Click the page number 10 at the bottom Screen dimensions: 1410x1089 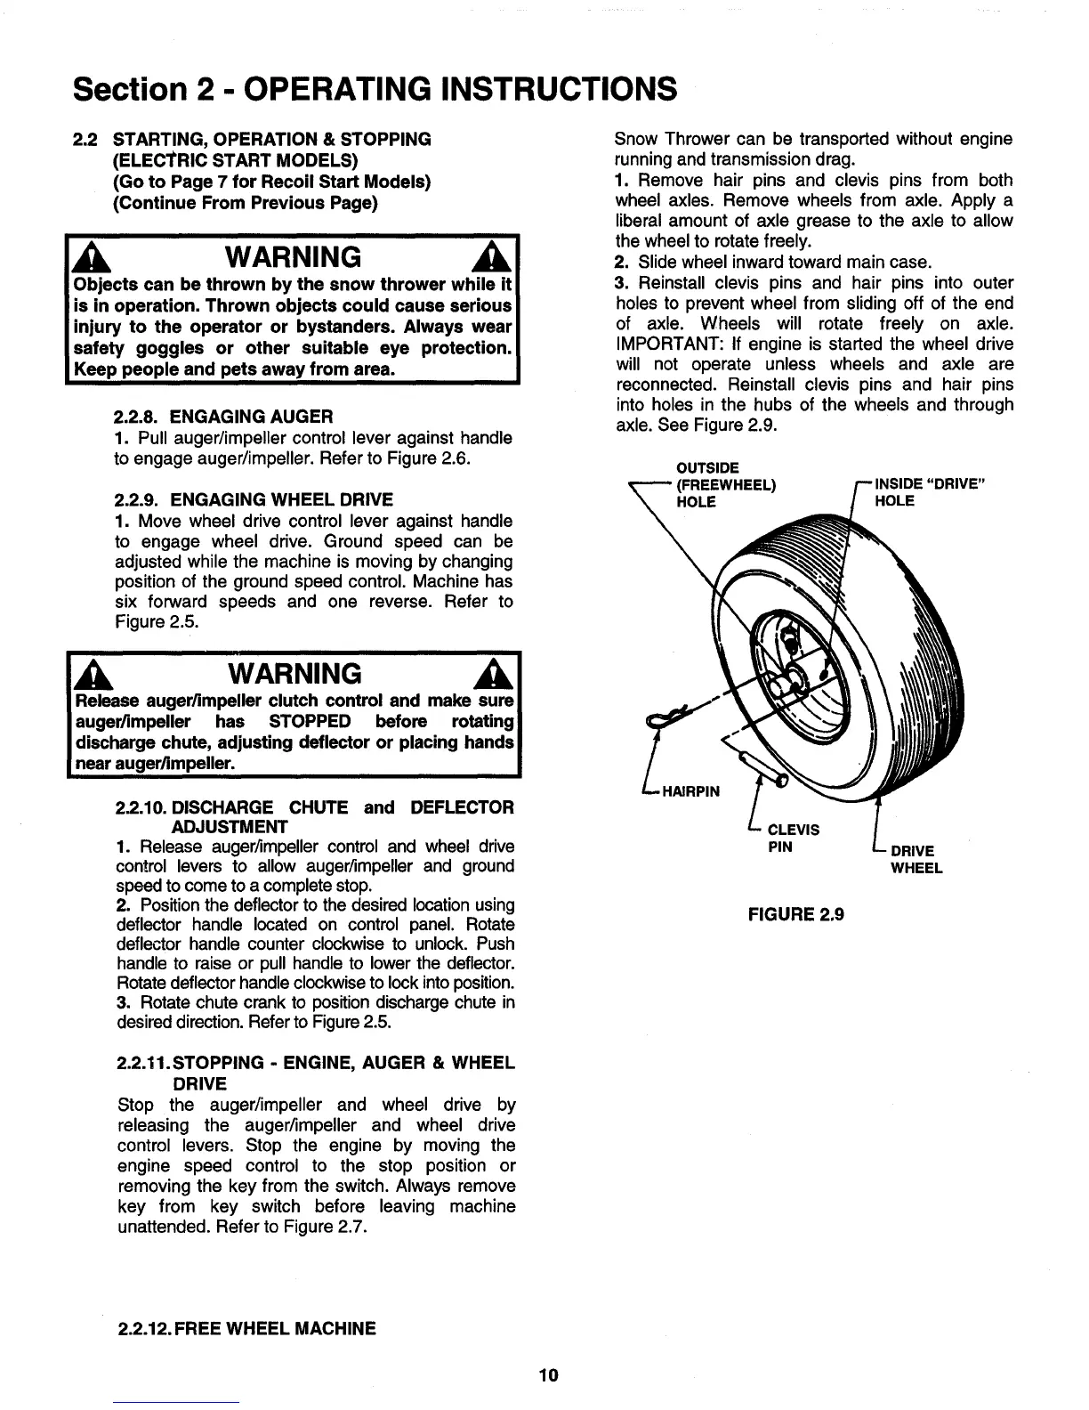click(x=548, y=1375)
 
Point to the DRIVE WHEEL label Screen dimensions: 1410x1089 click(x=916, y=859)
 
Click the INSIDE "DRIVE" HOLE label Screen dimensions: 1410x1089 click(x=932, y=492)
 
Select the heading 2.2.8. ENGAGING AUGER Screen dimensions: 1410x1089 click(x=224, y=417)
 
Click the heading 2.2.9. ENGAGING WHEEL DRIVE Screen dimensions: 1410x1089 click(x=254, y=499)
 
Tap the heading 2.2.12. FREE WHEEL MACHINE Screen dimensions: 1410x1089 click(x=246, y=1329)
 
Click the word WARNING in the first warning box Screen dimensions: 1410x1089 click(x=294, y=257)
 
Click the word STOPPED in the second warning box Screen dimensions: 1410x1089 click(x=310, y=720)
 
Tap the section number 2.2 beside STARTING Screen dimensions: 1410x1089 click(x=85, y=140)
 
